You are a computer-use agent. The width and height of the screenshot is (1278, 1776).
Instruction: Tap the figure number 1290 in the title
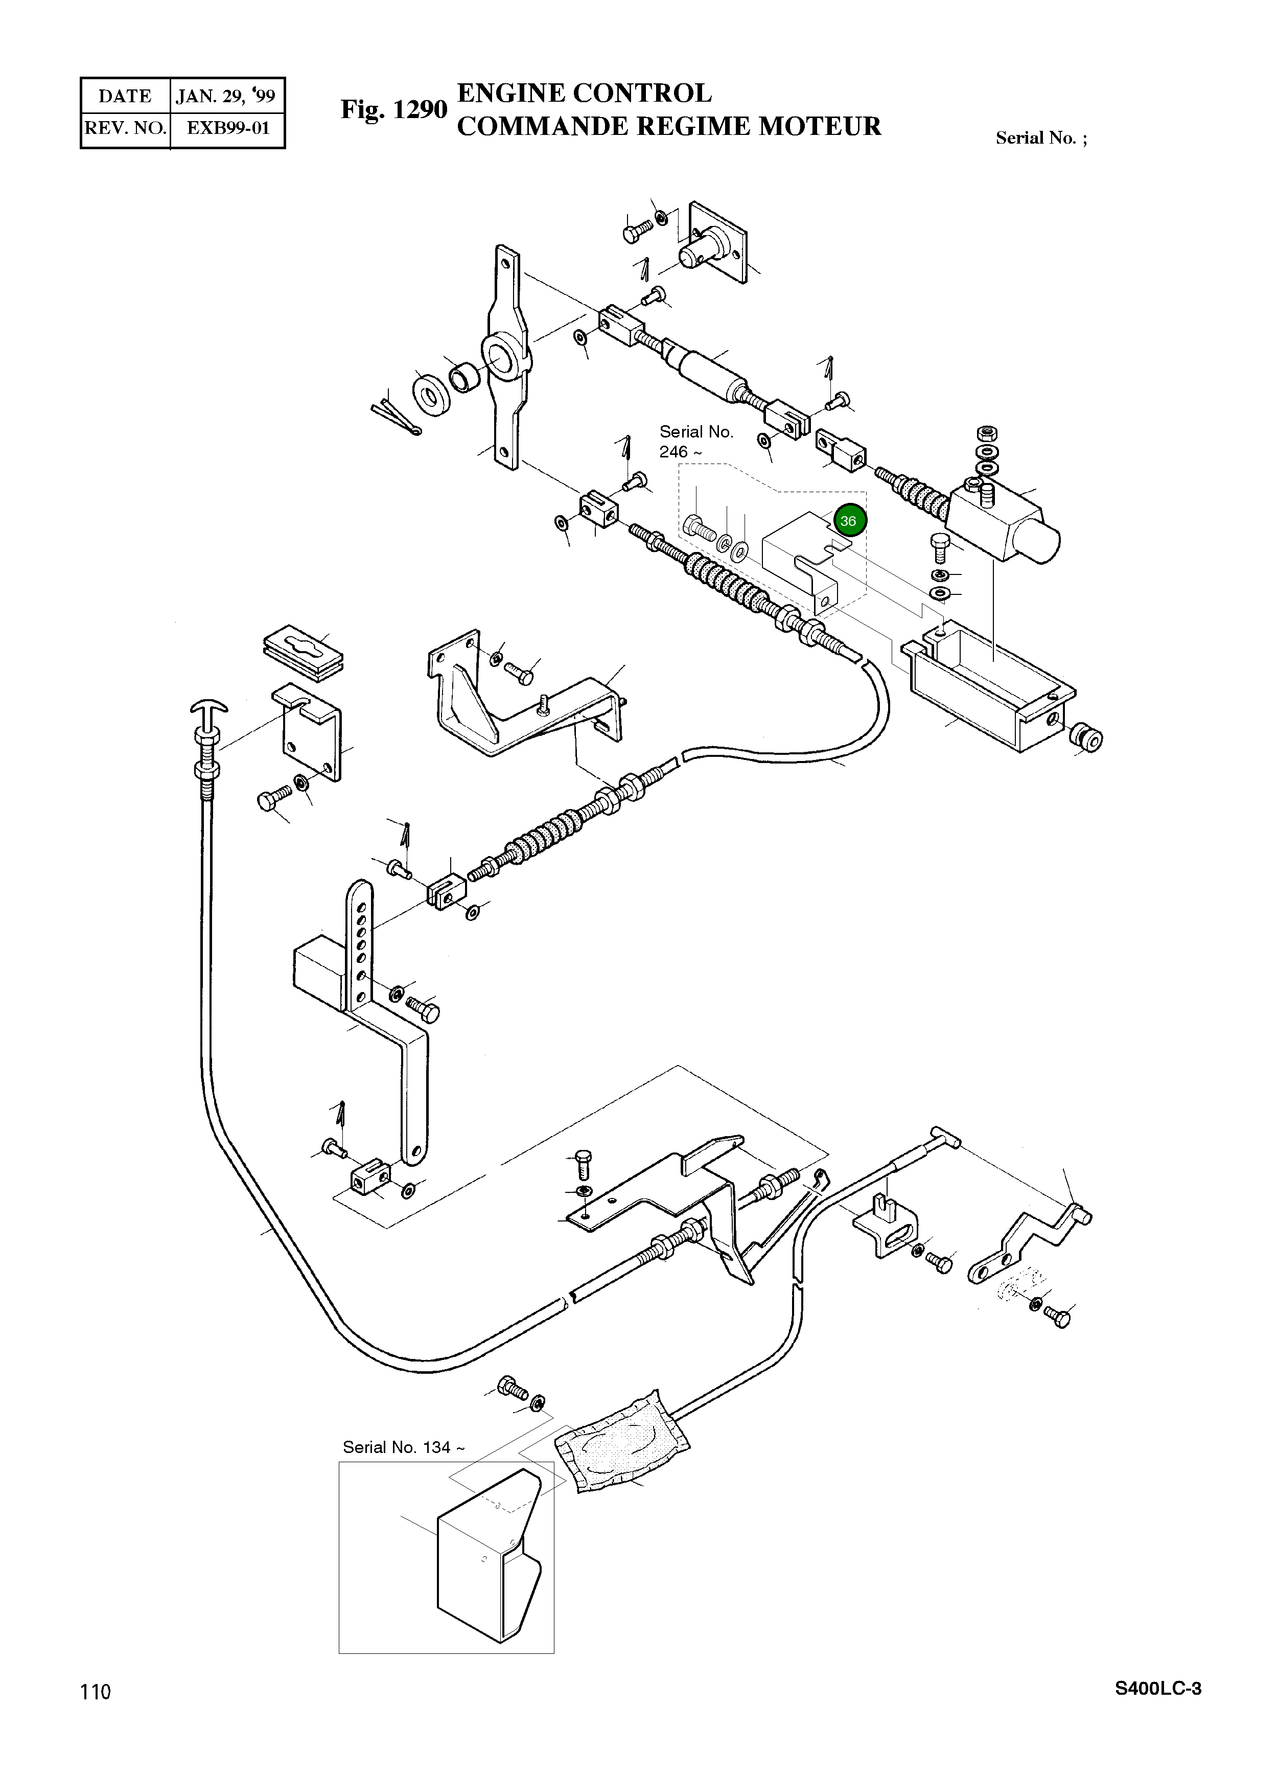(x=419, y=110)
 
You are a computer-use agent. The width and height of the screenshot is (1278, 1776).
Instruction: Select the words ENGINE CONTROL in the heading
(x=584, y=93)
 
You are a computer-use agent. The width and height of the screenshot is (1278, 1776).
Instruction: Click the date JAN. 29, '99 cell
(x=226, y=96)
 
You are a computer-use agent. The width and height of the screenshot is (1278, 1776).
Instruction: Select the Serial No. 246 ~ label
(x=696, y=442)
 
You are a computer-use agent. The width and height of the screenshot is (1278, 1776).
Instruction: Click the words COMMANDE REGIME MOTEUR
(x=669, y=126)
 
